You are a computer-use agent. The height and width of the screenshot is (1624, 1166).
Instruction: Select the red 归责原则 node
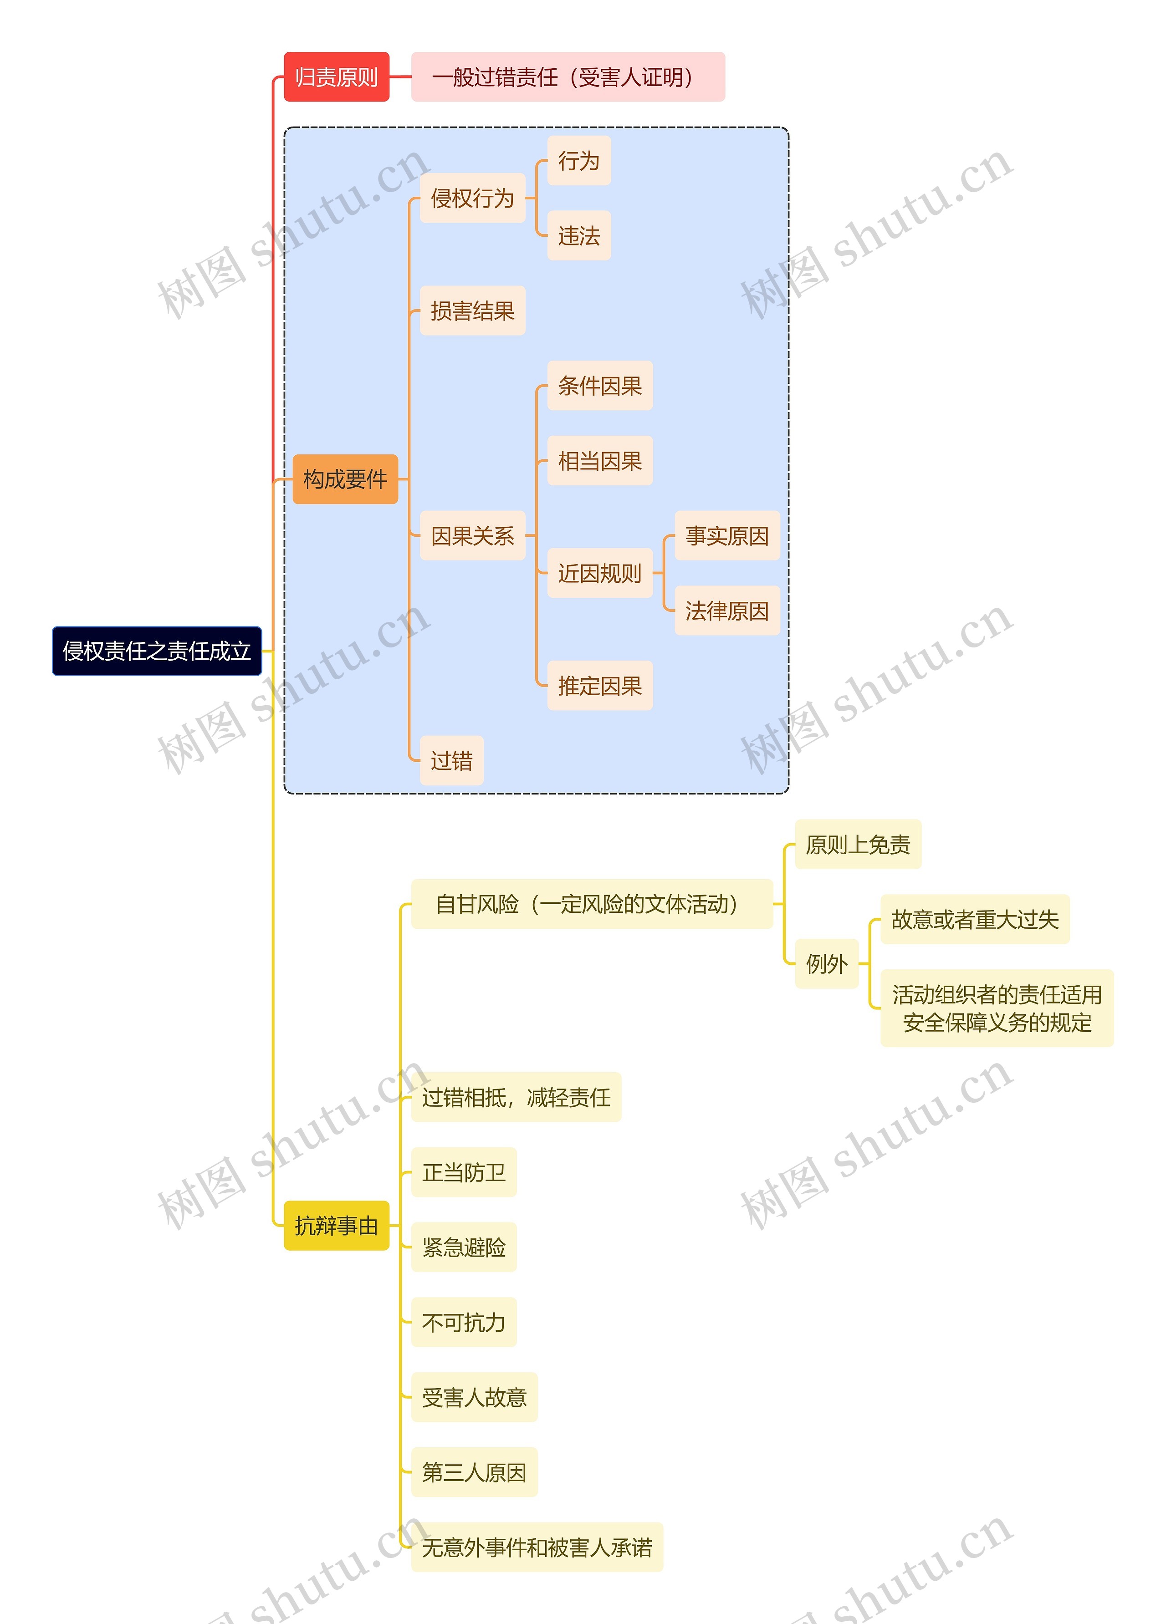[x=336, y=76]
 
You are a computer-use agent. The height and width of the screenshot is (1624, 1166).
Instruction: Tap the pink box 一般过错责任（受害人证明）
[x=567, y=76]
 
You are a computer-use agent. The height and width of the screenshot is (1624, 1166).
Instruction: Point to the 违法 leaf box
[x=579, y=235]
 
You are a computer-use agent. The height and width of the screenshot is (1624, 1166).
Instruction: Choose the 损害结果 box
[x=472, y=311]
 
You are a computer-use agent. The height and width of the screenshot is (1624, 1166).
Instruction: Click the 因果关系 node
[x=472, y=535]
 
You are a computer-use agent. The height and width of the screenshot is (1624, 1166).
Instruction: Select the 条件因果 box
[x=599, y=386]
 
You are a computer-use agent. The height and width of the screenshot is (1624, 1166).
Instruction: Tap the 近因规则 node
[x=599, y=573]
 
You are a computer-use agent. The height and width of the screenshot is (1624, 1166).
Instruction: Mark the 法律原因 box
[x=726, y=611]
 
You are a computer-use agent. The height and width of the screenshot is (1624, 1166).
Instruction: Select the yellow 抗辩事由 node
[x=336, y=1225]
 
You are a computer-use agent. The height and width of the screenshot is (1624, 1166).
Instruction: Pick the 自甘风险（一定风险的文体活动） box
[x=592, y=904]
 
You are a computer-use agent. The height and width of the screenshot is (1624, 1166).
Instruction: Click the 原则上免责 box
[x=857, y=844]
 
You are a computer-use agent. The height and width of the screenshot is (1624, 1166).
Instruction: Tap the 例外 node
[x=827, y=964]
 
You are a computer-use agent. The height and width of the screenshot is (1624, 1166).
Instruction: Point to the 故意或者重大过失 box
[x=974, y=919]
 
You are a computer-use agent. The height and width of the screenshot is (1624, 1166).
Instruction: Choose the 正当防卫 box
[x=463, y=1172]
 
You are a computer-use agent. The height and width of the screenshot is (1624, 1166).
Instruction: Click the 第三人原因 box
[x=474, y=1472]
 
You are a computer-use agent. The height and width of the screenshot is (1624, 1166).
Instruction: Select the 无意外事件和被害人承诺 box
[x=537, y=1548]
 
